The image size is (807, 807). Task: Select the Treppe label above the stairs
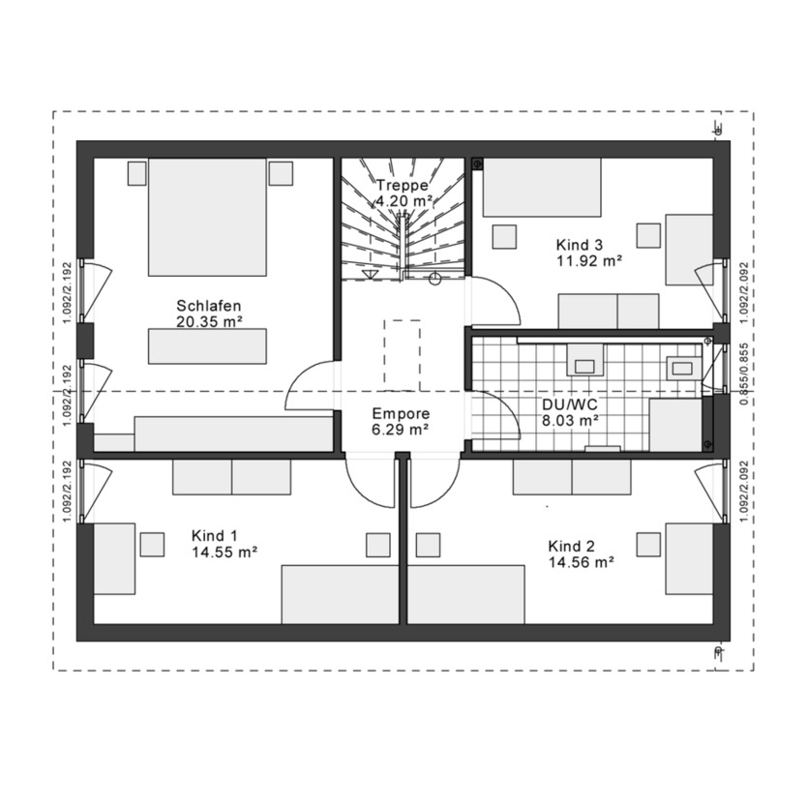click(x=403, y=185)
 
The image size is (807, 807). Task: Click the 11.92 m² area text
click(x=588, y=260)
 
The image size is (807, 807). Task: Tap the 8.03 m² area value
click(x=570, y=420)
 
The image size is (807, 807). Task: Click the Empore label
click(x=401, y=412)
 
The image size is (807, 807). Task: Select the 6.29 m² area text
click(x=401, y=429)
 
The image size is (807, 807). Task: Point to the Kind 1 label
click(x=214, y=536)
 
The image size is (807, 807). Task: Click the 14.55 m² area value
click(x=223, y=553)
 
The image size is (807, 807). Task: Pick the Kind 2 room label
click(x=570, y=545)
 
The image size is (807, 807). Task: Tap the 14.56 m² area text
click(x=580, y=561)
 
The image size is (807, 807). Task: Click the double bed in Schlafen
click(x=206, y=219)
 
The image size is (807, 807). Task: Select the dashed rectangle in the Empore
click(x=402, y=351)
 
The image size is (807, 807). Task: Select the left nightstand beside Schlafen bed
click(x=136, y=172)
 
